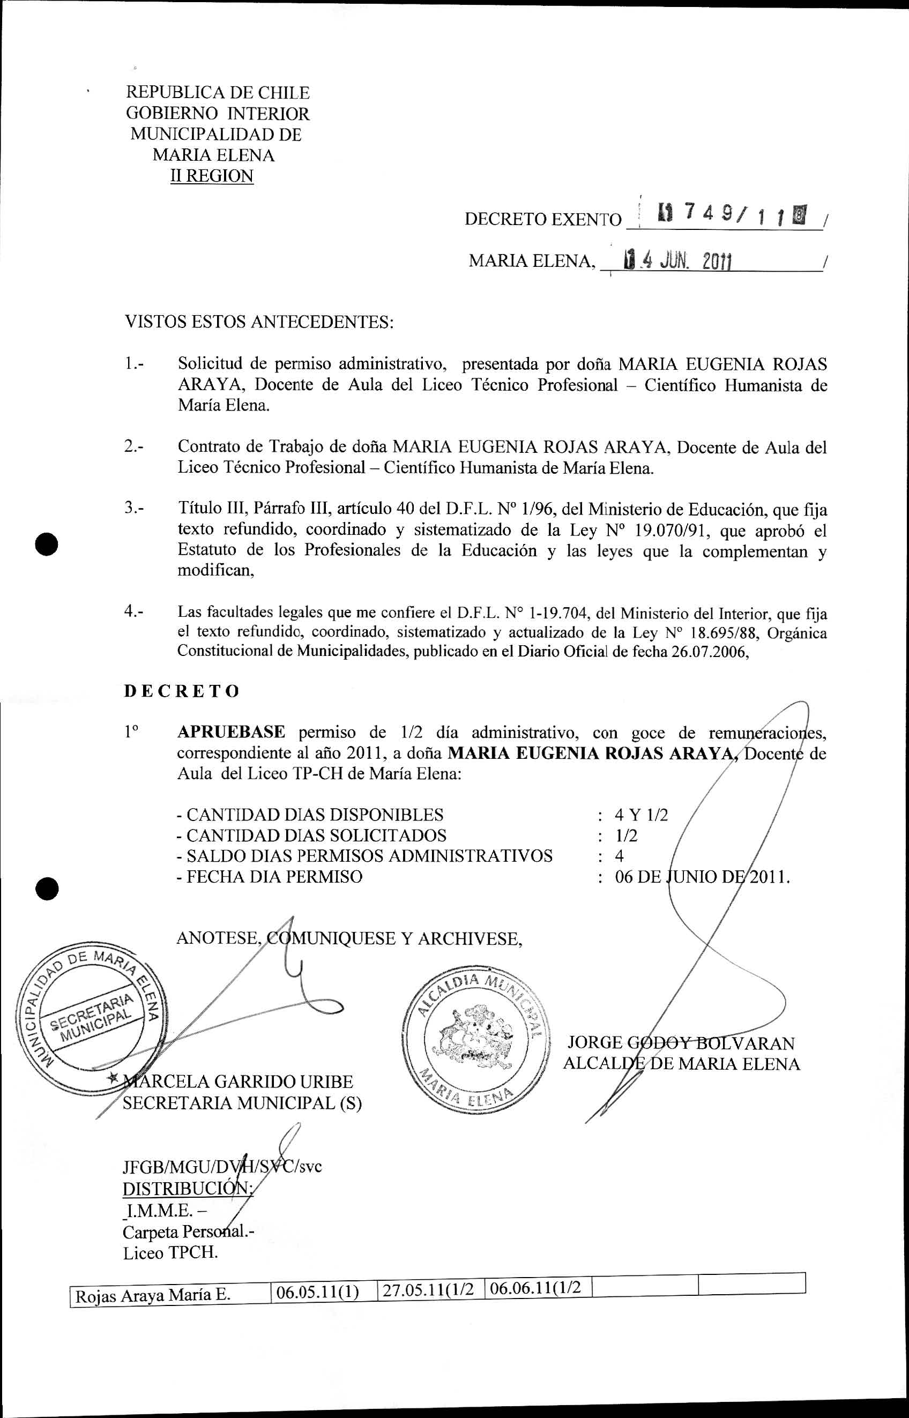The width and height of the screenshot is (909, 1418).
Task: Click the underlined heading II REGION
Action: coord(212,176)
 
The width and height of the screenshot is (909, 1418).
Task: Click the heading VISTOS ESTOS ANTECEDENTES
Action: coord(259,322)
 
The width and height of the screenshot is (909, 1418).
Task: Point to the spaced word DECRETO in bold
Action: coord(182,691)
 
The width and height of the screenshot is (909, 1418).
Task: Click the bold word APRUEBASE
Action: coord(232,732)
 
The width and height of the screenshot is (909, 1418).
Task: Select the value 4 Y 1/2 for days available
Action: coord(641,815)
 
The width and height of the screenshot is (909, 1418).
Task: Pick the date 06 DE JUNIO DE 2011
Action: coord(702,877)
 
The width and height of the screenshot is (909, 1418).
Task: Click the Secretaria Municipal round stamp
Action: coord(92,1018)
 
